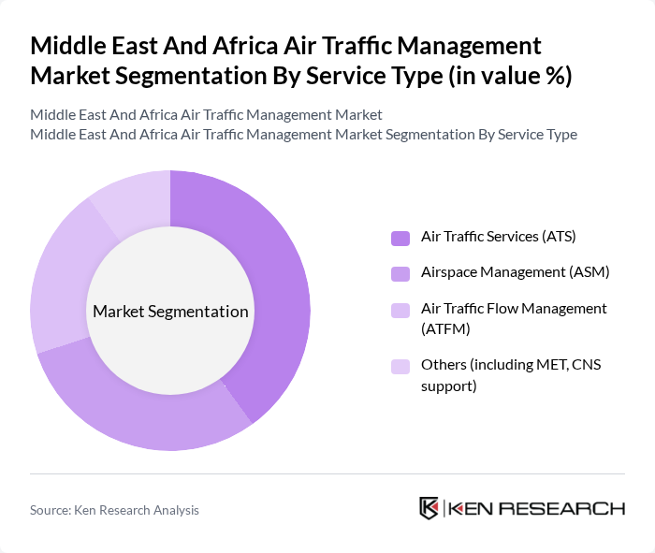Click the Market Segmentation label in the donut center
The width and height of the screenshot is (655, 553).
(x=170, y=312)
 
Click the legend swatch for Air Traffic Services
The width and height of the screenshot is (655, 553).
(x=400, y=238)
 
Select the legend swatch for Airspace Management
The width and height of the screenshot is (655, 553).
(x=400, y=273)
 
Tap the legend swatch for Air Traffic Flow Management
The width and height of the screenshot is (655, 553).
(x=400, y=310)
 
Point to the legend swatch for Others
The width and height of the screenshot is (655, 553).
(x=400, y=366)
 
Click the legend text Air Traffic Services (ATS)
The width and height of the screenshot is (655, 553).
(x=490, y=237)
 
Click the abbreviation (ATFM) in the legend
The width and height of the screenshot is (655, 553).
(x=445, y=328)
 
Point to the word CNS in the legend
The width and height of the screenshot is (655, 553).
(x=588, y=364)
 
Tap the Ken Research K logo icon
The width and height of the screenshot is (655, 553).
(x=429, y=508)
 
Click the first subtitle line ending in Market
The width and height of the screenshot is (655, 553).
(x=206, y=115)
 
